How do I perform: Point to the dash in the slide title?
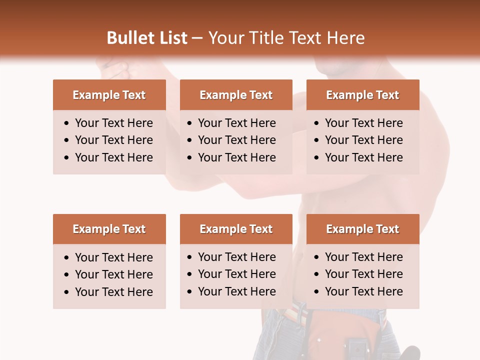pos(197,38)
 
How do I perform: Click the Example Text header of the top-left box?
pos(109,95)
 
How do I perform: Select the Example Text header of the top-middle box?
pos(236,95)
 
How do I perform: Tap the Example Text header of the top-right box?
pos(362,95)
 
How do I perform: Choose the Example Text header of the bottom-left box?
pos(109,229)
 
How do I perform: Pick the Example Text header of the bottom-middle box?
pos(236,229)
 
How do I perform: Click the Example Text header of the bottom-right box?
pos(362,229)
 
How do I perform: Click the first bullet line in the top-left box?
pos(113,123)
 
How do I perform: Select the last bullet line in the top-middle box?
pos(236,157)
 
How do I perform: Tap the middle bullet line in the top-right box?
pos(363,140)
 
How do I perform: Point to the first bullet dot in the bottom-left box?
pos(67,258)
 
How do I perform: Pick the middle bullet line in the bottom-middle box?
pos(236,274)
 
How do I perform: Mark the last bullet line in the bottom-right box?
pos(363,291)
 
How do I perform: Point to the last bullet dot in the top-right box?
pos(317,158)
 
